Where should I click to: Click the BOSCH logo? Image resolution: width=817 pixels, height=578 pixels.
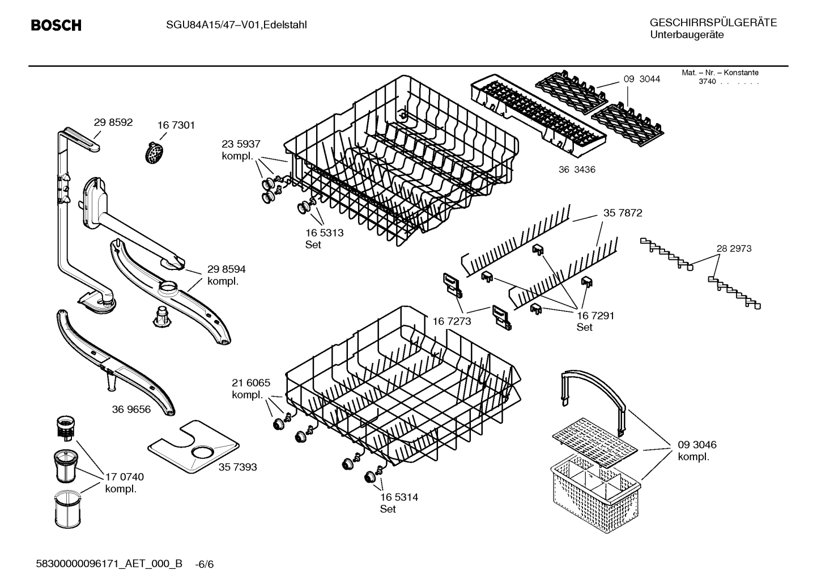point(56,26)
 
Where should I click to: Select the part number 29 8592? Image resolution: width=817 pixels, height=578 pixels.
point(113,122)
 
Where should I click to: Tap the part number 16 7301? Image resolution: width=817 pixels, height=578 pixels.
point(176,125)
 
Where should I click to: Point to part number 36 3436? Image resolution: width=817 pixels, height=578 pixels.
point(577,170)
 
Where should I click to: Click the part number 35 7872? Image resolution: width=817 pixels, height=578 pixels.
point(622,213)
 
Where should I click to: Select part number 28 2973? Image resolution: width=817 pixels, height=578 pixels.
point(734,248)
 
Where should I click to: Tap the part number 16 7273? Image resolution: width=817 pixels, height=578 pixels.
point(452,321)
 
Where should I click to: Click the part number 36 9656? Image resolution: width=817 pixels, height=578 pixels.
point(131,409)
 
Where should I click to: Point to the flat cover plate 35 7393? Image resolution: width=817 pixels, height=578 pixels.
point(193,448)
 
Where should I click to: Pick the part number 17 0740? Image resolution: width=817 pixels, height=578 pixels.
point(125,476)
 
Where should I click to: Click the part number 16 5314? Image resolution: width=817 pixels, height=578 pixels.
point(399,497)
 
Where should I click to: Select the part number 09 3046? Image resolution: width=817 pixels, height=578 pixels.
point(697,445)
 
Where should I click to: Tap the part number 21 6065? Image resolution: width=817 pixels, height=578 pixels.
point(251,383)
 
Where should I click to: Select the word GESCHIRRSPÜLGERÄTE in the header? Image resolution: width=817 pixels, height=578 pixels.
point(713,23)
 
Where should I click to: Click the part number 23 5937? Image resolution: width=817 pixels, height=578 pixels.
point(241,144)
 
